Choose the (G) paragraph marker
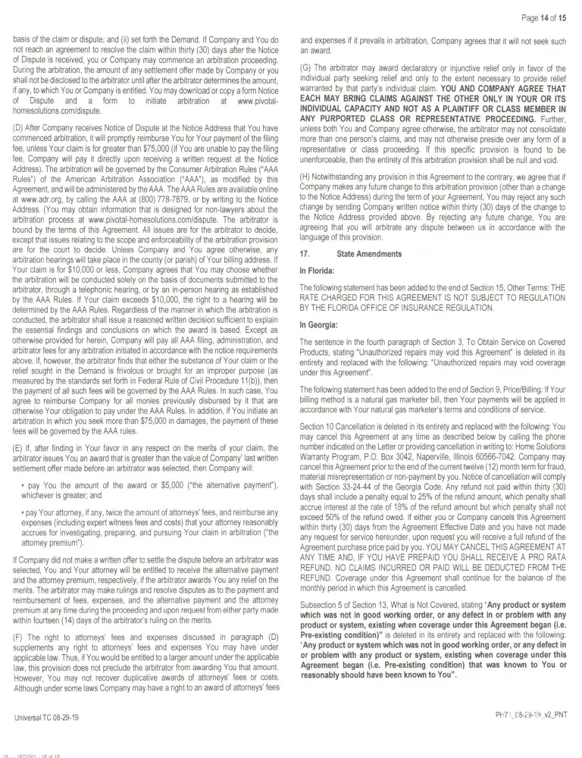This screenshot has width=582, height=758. [x=307, y=67]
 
